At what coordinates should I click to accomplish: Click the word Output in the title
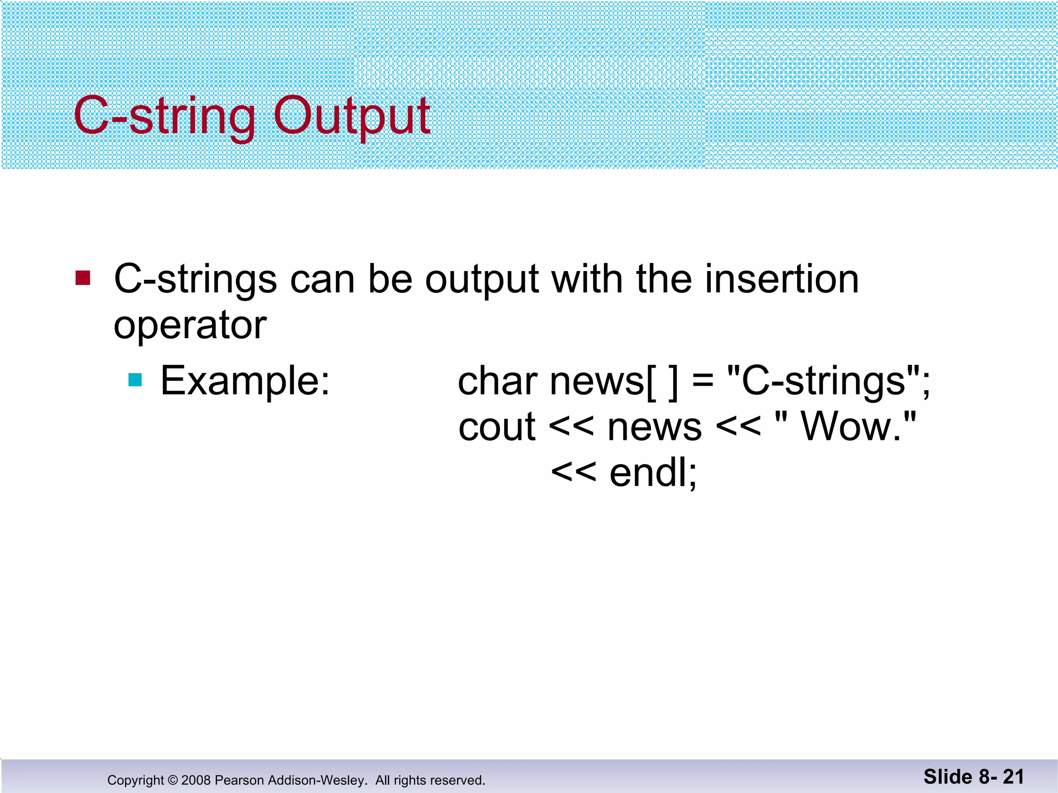tap(351, 116)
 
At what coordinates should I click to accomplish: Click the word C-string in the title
tap(164, 116)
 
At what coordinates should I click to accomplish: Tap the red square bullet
tap(83, 278)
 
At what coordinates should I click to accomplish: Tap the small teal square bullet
tap(135, 380)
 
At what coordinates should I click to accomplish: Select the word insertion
tap(782, 279)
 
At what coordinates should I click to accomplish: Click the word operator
tap(190, 326)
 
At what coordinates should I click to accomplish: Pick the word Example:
tap(245, 381)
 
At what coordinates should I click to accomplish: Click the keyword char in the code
tap(497, 381)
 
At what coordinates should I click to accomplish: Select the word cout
tap(496, 427)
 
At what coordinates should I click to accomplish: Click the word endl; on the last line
tap(653, 472)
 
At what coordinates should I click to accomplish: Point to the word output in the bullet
tap(482, 280)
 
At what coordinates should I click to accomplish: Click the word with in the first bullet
tap(587, 279)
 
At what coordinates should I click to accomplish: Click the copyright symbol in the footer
tap(173, 780)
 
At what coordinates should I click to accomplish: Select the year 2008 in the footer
tap(196, 780)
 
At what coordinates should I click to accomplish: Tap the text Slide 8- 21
tap(973, 776)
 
